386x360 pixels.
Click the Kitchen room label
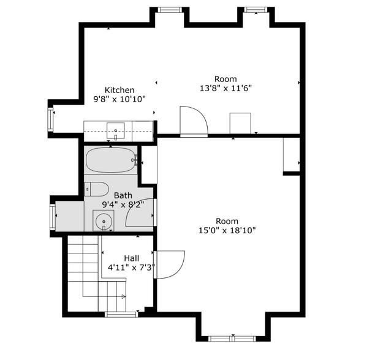(119, 90)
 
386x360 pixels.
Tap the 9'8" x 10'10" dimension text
(119, 99)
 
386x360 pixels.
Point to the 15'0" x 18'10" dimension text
(227, 230)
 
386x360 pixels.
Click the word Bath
(123, 196)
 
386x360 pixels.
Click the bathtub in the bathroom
(110, 161)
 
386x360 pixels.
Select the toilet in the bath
(96, 188)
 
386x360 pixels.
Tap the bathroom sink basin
(104, 220)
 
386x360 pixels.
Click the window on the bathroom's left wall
(53, 216)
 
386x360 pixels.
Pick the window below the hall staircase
(120, 315)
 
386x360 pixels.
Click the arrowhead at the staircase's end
(124, 297)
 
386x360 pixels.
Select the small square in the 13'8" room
(240, 122)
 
